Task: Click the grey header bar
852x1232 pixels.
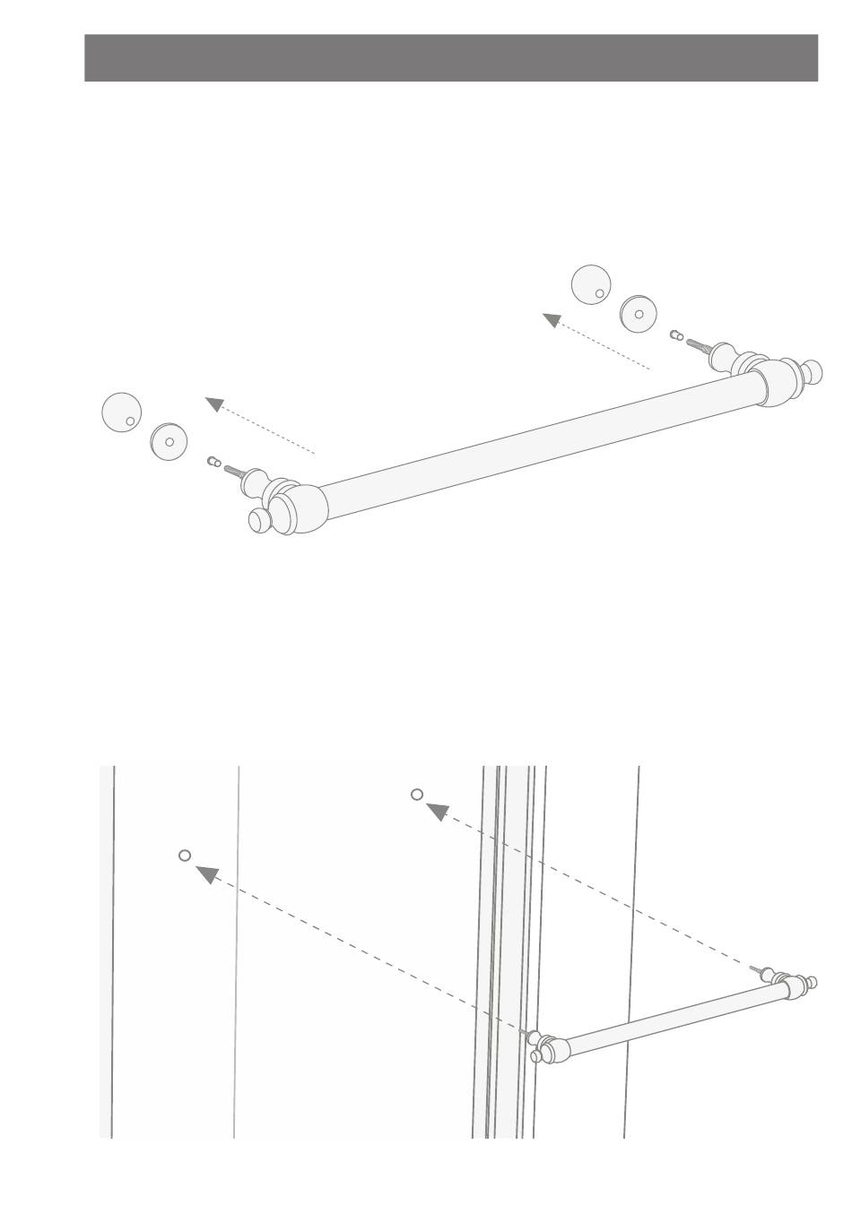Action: (x=451, y=58)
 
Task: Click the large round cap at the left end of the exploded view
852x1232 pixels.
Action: (x=122, y=412)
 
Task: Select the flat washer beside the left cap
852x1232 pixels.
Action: (x=168, y=440)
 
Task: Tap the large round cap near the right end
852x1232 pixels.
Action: (x=591, y=284)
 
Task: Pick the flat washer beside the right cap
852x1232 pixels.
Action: (x=639, y=313)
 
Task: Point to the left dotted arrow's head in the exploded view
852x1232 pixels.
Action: (x=213, y=404)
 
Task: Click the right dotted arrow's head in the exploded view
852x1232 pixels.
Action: (x=552, y=319)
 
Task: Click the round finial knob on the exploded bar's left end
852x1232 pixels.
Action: (x=260, y=521)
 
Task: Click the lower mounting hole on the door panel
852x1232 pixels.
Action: (x=185, y=855)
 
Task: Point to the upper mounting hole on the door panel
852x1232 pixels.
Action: (x=417, y=794)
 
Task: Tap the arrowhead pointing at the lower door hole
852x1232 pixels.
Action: (x=207, y=873)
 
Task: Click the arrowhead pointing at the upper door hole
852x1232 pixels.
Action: (x=438, y=811)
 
